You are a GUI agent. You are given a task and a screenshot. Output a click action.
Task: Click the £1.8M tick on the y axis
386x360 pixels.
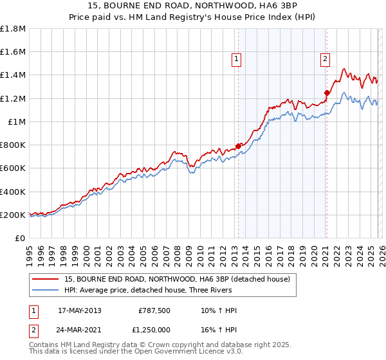13,28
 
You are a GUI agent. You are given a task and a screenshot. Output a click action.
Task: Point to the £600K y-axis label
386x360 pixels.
13,168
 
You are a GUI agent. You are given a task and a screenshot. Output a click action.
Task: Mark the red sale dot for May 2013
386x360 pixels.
238,146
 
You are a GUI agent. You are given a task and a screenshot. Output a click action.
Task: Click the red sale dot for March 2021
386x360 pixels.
327,93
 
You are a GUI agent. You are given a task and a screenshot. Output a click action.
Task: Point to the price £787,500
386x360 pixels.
154,311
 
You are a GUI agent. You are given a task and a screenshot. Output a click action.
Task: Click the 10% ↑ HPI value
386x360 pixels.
219,311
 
